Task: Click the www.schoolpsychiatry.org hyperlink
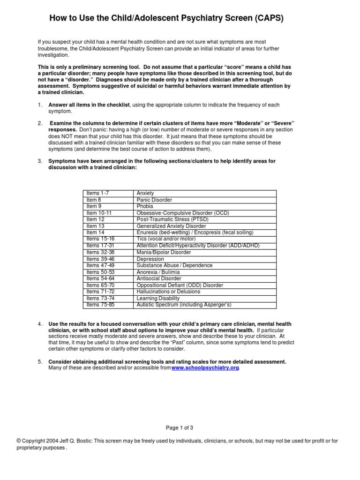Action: pyautogui.click(x=205, y=368)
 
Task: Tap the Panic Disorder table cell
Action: pyautogui.click(x=154, y=200)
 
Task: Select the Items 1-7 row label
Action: pyautogui.click(x=97, y=193)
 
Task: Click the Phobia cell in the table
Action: pyautogui.click(x=145, y=206)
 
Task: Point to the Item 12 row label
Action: pyautogui.click(x=95, y=219)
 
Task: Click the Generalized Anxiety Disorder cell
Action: pyautogui.click(x=171, y=226)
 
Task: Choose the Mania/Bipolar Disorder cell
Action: pyautogui.click(x=164, y=252)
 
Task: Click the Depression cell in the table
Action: pyautogui.click(x=150, y=259)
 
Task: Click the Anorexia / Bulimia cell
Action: pyautogui.click(x=159, y=272)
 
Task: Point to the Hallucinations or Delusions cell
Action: pyautogui.click(x=168, y=292)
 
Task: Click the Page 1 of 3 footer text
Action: pyautogui.click(x=180, y=427)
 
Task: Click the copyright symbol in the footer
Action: pyautogui.click(x=18, y=441)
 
